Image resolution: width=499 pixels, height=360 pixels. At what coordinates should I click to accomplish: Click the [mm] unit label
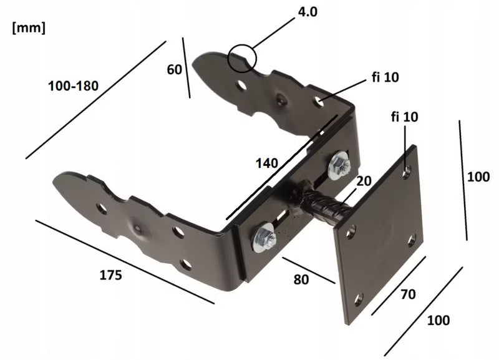pyautogui.click(x=29, y=27)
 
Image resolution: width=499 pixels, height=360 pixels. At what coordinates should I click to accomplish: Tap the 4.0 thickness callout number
pyautogui.click(x=308, y=12)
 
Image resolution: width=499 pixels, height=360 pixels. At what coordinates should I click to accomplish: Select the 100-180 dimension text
pyautogui.click(x=73, y=86)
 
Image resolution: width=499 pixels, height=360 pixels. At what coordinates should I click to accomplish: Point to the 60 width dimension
pyautogui.click(x=175, y=69)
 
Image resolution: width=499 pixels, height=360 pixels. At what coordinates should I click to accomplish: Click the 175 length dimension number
pyautogui.click(x=110, y=275)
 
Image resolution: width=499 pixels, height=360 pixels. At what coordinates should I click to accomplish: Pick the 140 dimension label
pyautogui.click(x=267, y=163)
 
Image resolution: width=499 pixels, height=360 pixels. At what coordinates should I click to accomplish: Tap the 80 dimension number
pyautogui.click(x=301, y=280)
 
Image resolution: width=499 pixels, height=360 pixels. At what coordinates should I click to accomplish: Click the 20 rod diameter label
pyautogui.click(x=364, y=181)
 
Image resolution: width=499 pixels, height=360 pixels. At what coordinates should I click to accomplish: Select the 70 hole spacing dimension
pyautogui.click(x=408, y=294)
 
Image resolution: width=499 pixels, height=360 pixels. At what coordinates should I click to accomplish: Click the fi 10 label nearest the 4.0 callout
pyautogui.click(x=385, y=77)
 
